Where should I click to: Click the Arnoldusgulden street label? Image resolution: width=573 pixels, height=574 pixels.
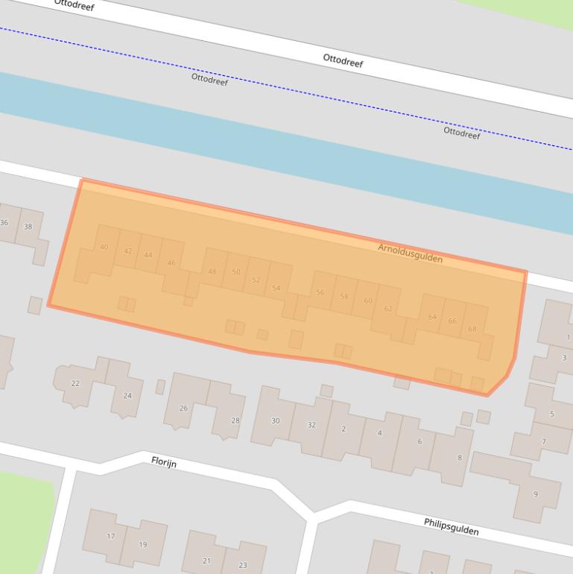[x=410, y=253]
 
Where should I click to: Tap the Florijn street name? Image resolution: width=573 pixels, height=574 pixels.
[x=164, y=461]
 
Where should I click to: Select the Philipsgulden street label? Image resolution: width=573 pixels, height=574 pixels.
[x=451, y=526]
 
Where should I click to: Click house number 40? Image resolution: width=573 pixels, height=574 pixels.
[x=104, y=247]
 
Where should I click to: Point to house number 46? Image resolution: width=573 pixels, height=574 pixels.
[x=172, y=263]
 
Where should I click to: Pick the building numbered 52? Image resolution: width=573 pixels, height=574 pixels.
[x=256, y=280]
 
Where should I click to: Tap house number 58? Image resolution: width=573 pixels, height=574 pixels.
[x=344, y=297]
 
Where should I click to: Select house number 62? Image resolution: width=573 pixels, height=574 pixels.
[x=388, y=309]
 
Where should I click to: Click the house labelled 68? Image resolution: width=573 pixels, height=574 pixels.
[x=472, y=329]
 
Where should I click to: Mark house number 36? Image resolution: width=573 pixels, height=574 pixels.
[x=4, y=223]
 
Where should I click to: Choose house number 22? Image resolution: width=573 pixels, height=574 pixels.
[x=75, y=383]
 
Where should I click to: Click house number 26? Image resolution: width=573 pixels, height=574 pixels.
[x=183, y=408]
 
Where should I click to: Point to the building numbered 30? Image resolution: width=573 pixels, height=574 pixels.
[x=275, y=421]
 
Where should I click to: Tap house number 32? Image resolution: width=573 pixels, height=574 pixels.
[x=311, y=425]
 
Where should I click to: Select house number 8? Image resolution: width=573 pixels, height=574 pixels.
[x=460, y=458]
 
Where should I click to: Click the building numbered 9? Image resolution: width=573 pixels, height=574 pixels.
[x=535, y=494]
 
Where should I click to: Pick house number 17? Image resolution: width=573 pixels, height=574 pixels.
[x=111, y=536]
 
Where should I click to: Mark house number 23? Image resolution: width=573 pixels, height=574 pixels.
[x=243, y=566]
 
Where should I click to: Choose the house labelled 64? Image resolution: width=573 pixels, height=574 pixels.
[x=432, y=318]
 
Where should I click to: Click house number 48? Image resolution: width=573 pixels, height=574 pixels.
[x=212, y=271]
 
